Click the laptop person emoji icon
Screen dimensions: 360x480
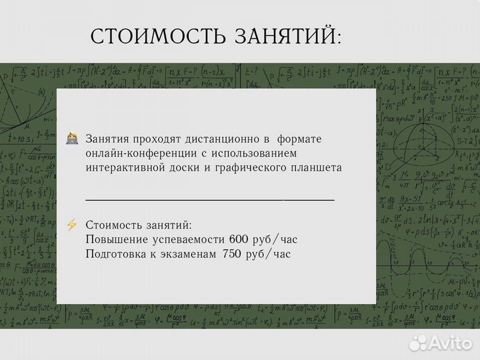tap(72, 139)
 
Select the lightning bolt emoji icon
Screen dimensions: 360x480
tap(72, 225)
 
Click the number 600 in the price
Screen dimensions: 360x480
tap(238, 239)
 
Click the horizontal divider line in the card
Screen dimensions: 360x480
tap(210, 199)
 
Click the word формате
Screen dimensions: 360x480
tap(299, 139)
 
